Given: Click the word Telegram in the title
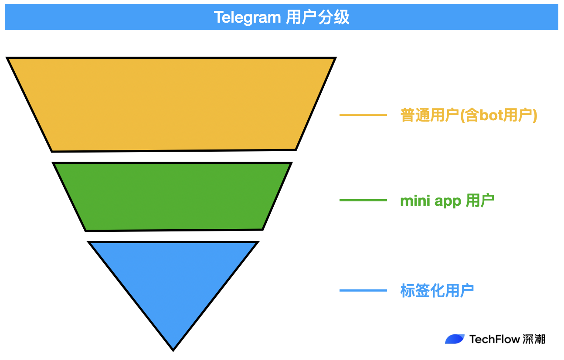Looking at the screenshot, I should pyautogui.click(x=247, y=17).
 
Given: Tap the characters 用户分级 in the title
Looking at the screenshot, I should pyautogui.click(x=318, y=17).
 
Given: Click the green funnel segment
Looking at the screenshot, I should pyautogui.click(x=172, y=196).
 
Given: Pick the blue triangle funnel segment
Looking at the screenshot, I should pyautogui.click(x=173, y=279).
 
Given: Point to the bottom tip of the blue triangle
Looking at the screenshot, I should pyautogui.click(x=173, y=350).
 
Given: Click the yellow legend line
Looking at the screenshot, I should pyautogui.click(x=363, y=115).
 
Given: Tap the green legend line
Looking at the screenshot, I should pyautogui.click(x=363, y=200).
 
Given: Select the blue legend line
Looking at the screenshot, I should pyautogui.click(x=363, y=291).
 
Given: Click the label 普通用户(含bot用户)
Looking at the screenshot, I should pyautogui.click(x=469, y=115).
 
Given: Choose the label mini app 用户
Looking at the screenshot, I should pyautogui.click(x=447, y=201).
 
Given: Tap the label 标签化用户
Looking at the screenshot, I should pyautogui.click(x=437, y=291).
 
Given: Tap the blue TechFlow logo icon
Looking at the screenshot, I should pyautogui.click(x=455, y=339).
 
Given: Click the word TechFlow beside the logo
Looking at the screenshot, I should pyautogui.click(x=494, y=339).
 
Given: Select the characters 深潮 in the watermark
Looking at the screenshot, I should pyautogui.click(x=534, y=339).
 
